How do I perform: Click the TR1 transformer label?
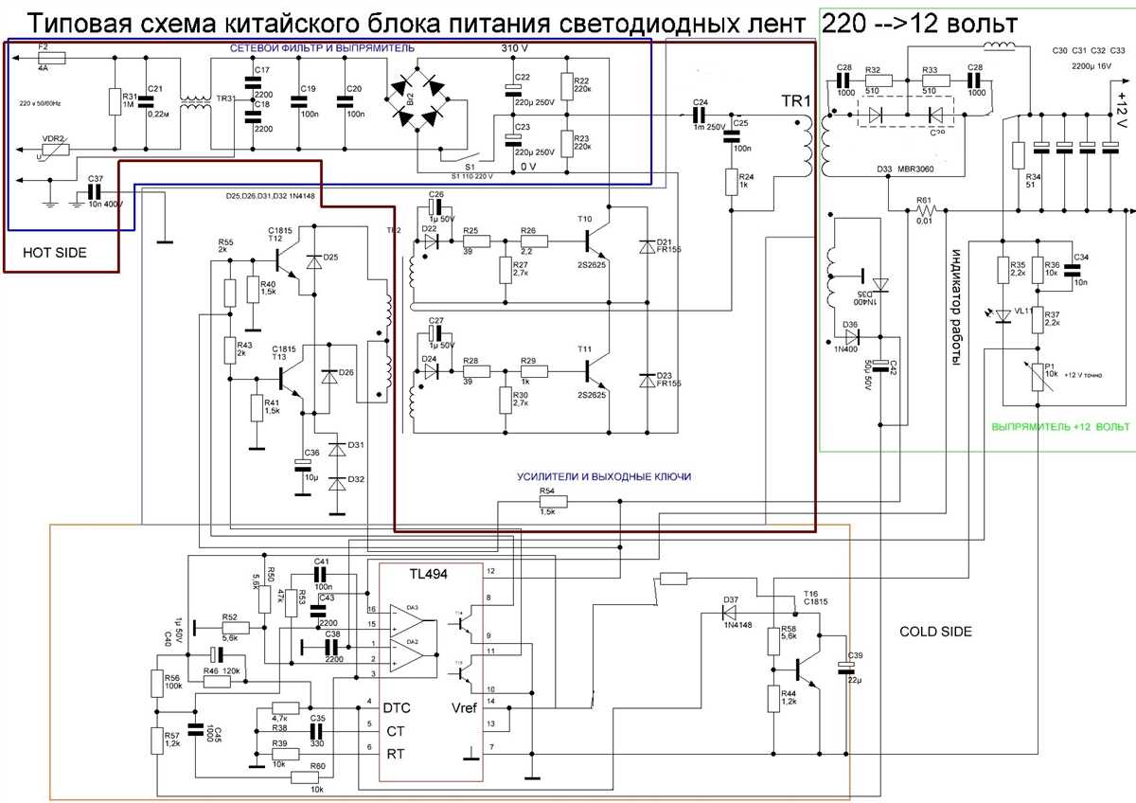pos(796,101)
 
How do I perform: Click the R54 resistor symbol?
pos(546,502)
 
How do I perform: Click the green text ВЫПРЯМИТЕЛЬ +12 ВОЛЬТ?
pos(1060,427)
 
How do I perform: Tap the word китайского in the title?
pos(294,23)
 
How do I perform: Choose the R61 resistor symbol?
pos(925,210)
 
